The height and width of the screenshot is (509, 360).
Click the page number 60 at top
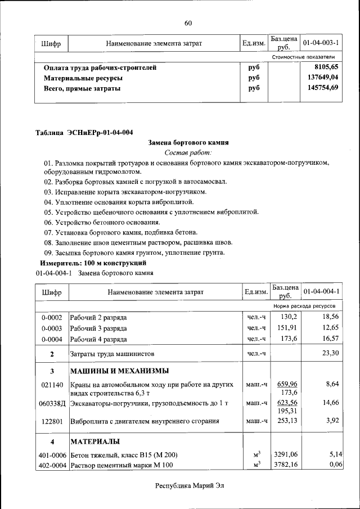tap(188, 23)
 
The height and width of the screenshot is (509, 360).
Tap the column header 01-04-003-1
tap(321, 43)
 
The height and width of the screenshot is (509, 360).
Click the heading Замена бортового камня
tap(188, 143)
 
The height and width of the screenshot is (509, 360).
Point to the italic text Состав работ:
tap(188, 152)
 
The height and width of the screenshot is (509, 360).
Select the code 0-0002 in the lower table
tap(52, 318)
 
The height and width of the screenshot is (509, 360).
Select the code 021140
tap(52, 384)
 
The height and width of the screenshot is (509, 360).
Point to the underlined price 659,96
tap(286, 384)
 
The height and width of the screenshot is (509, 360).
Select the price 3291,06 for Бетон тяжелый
tap(285, 454)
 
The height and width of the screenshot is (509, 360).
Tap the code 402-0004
tap(52, 465)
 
